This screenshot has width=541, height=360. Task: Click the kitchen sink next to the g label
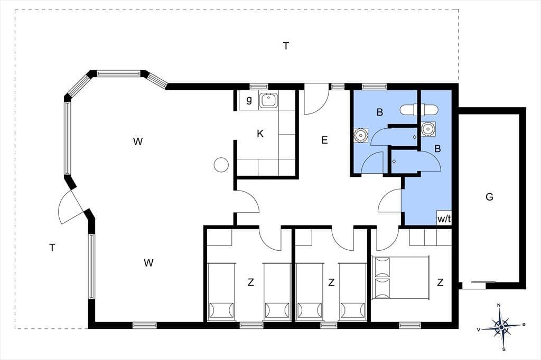(x=268, y=100)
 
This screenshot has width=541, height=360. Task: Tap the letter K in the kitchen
(x=260, y=134)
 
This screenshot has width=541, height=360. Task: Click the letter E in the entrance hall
(x=324, y=140)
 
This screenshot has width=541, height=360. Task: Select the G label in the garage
(x=489, y=197)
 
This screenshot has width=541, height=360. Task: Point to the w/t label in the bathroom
(x=444, y=219)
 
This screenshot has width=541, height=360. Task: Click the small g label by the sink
(x=249, y=100)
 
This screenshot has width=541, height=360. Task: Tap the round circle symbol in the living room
(x=221, y=165)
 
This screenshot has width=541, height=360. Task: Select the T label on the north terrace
(x=286, y=45)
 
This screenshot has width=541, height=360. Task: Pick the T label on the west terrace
(x=52, y=247)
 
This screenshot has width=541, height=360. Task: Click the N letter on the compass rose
(x=499, y=305)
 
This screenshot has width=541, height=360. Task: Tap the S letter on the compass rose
(x=503, y=349)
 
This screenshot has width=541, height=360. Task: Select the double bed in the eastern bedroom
(x=400, y=278)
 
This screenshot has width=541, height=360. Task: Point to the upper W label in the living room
(x=138, y=141)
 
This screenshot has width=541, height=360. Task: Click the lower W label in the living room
(x=148, y=263)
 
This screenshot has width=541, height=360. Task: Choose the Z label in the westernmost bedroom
(x=251, y=282)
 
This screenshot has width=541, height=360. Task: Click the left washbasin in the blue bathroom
(x=360, y=135)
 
